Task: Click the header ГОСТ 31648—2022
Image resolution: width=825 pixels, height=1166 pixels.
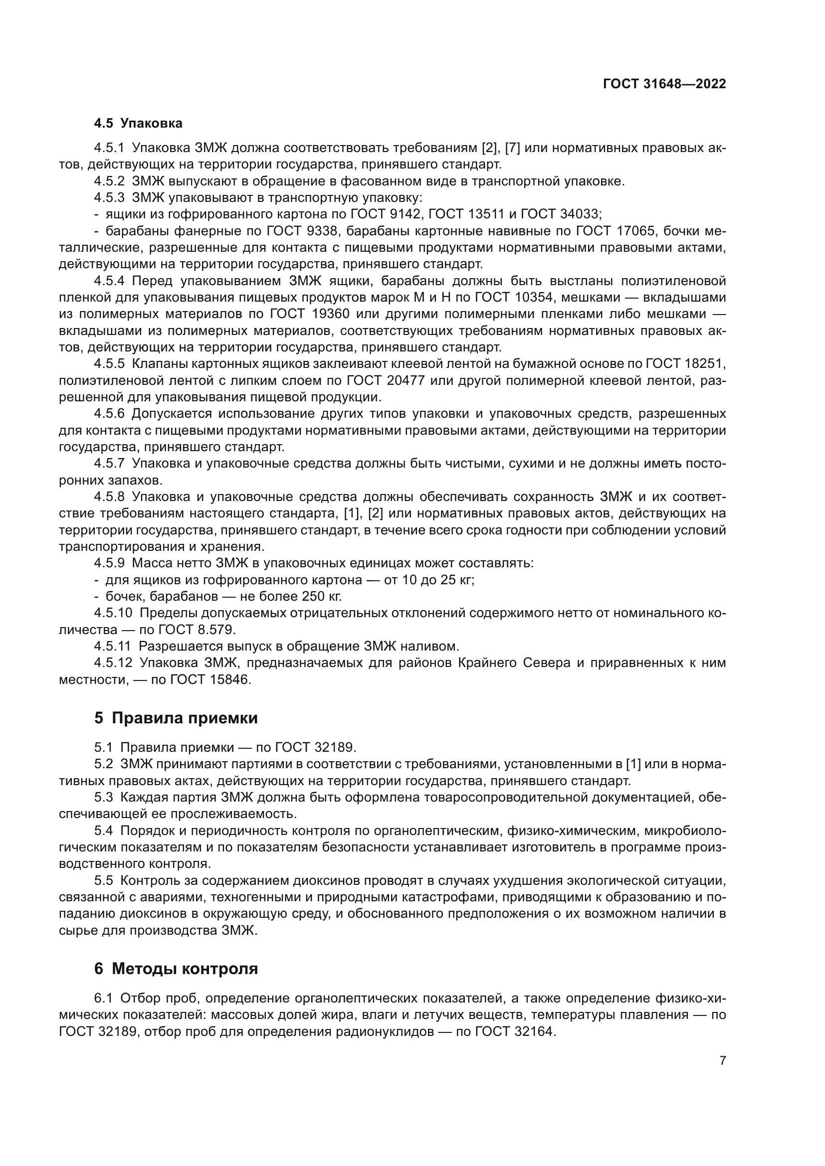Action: click(664, 84)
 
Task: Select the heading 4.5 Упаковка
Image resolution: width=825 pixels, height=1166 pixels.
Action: click(138, 124)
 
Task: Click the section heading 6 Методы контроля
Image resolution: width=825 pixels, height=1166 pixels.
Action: click(176, 969)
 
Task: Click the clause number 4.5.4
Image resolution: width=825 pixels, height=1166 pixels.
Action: click(109, 281)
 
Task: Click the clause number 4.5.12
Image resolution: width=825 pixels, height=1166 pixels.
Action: click(113, 663)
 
